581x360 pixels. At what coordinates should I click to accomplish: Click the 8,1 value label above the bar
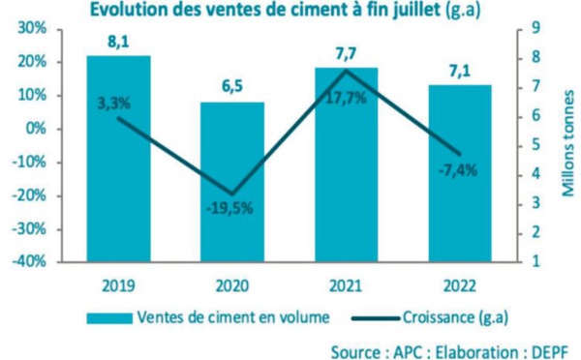(118, 42)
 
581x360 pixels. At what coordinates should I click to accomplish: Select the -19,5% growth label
(232, 208)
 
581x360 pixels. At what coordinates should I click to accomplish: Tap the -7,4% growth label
(458, 170)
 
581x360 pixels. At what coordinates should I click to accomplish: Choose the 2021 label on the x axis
(346, 286)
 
